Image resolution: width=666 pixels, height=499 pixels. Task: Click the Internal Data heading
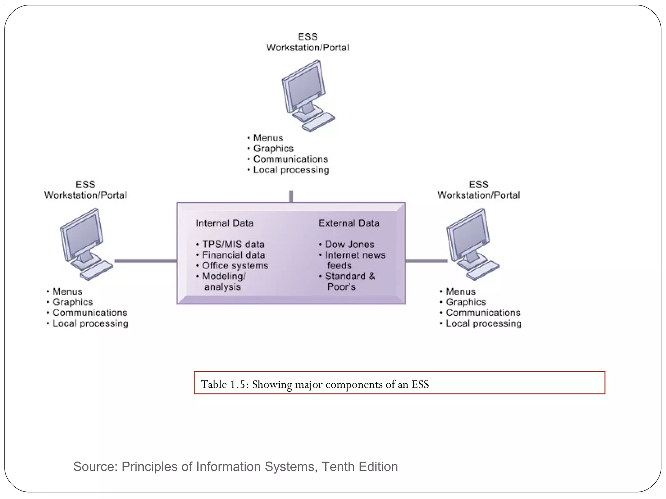pyautogui.click(x=224, y=223)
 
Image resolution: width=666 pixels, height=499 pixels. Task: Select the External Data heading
pyautogui.click(x=349, y=223)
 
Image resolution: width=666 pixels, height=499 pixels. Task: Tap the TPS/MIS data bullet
pyautogui.click(x=233, y=244)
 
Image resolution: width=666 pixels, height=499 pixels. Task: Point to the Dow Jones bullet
pyautogui.click(x=349, y=244)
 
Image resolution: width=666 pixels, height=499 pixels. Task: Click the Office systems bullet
pyautogui.click(x=235, y=266)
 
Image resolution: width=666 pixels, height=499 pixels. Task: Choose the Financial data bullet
pyautogui.click(x=233, y=255)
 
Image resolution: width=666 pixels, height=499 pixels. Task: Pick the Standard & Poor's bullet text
pyautogui.click(x=349, y=281)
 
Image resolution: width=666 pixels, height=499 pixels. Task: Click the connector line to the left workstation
pyautogui.click(x=145, y=261)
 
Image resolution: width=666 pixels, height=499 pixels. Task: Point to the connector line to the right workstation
pyautogui.click(x=426, y=261)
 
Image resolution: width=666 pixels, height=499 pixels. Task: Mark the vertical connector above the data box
pyautogui.click(x=291, y=196)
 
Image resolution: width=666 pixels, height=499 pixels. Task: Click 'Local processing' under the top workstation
pyautogui.click(x=291, y=170)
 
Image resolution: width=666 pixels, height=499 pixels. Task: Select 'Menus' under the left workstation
pyautogui.click(x=67, y=291)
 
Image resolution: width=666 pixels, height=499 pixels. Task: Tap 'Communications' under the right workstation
pyautogui.click(x=483, y=313)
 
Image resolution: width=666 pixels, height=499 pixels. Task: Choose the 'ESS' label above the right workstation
pyautogui.click(x=478, y=185)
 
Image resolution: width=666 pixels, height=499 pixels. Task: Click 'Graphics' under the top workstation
pyautogui.click(x=273, y=148)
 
